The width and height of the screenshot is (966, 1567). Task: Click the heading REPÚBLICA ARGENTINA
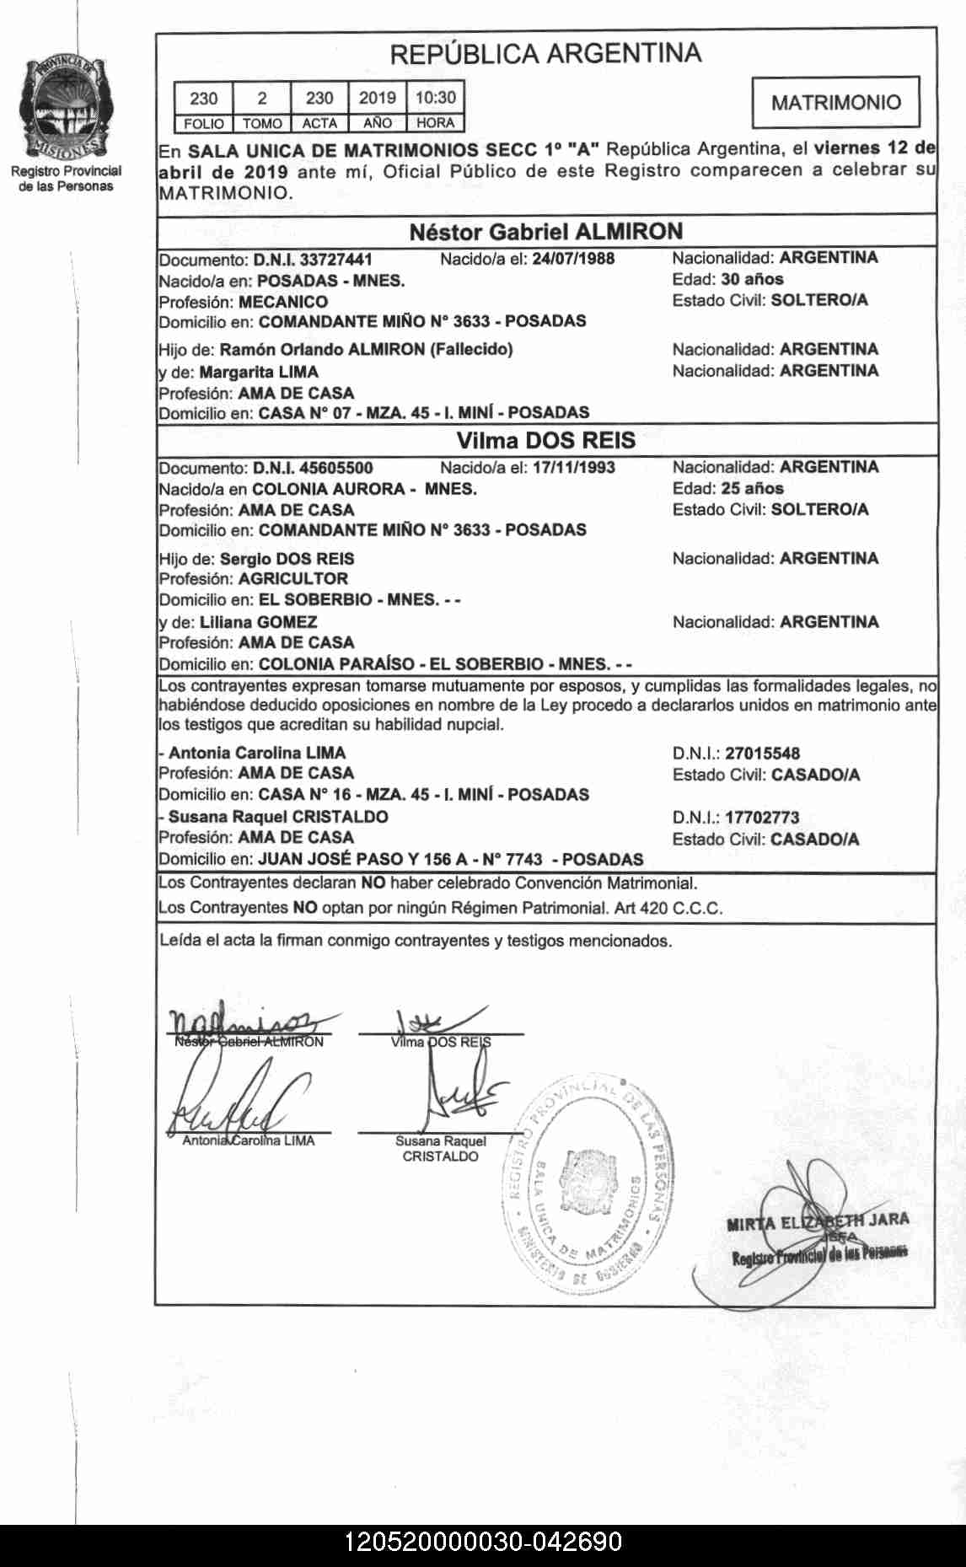(545, 54)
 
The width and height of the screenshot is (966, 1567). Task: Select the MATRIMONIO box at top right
(835, 103)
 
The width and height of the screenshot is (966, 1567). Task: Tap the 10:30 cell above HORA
(435, 98)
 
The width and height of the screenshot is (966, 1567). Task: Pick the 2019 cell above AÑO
(377, 98)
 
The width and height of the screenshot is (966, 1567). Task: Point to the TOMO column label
(262, 123)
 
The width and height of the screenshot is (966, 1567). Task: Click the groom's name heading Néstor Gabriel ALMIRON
(545, 232)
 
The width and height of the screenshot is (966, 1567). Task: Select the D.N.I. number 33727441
(335, 260)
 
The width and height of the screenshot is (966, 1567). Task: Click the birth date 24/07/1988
(573, 259)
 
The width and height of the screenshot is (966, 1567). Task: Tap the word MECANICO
(283, 302)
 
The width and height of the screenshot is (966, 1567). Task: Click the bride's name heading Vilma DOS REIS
(545, 441)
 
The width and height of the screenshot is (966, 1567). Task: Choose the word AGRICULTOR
(293, 579)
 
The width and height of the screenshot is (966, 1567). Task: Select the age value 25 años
(752, 489)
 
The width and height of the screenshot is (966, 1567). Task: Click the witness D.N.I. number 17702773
(762, 818)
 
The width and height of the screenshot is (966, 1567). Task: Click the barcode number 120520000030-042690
(483, 1542)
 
